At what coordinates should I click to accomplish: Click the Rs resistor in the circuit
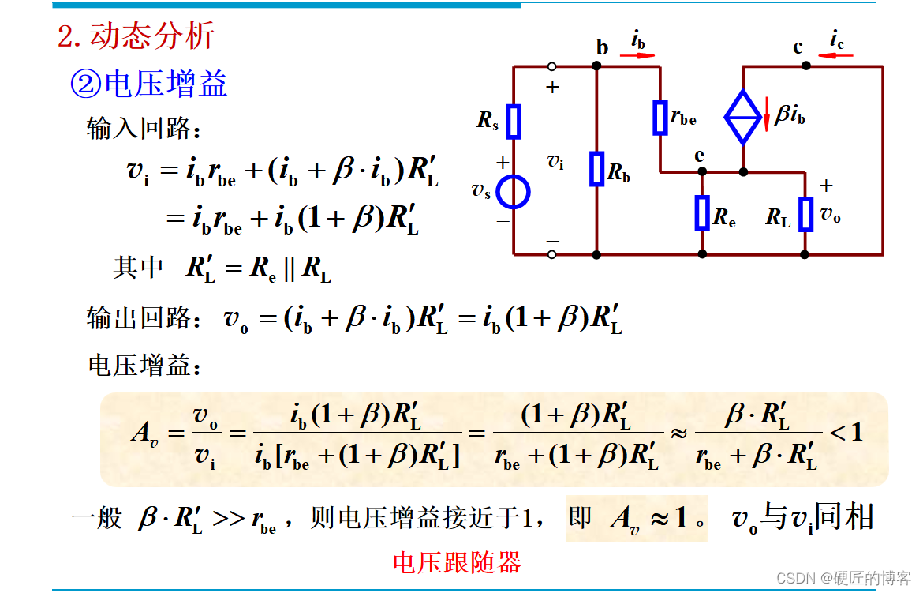click(514, 121)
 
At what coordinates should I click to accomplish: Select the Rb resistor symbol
click(597, 169)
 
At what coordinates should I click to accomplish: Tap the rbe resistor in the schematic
click(660, 118)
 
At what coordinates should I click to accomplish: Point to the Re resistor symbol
click(702, 213)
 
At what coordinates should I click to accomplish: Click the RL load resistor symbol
click(805, 214)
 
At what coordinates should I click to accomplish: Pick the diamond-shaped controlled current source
click(742, 118)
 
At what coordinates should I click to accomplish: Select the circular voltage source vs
click(514, 192)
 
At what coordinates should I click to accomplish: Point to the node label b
click(602, 48)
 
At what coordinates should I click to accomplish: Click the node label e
click(700, 156)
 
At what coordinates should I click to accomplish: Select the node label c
click(798, 48)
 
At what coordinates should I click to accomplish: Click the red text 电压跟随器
click(457, 562)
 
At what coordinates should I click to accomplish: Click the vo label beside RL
click(831, 214)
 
